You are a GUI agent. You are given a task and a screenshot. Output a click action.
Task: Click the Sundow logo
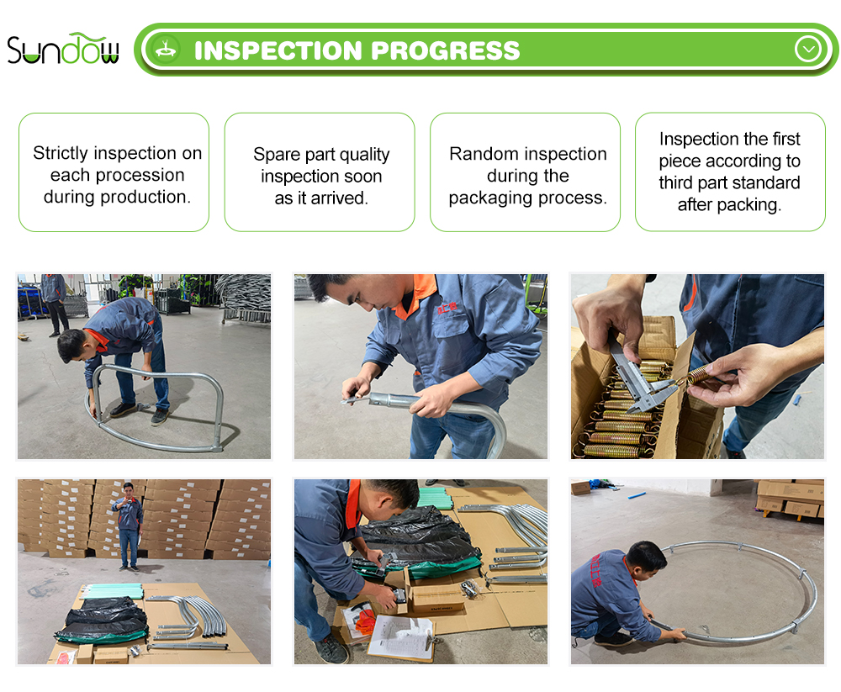(63, 49)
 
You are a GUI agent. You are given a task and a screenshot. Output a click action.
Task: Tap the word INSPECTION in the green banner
(278, 50)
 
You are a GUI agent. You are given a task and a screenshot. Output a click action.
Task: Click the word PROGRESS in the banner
(445, 50)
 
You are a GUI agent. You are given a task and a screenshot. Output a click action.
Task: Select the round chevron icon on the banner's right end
(807, 50)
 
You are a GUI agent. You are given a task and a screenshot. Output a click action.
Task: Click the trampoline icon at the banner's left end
(166, 50)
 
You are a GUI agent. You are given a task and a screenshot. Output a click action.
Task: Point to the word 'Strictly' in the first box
(60, 153)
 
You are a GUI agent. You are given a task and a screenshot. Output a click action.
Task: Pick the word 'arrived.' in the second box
(340, 198)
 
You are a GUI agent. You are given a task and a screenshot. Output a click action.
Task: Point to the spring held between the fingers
(700, 372)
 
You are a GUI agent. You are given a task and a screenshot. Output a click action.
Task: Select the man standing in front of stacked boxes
(128, 526)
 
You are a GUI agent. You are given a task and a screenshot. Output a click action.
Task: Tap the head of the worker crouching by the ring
(646, 559)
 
